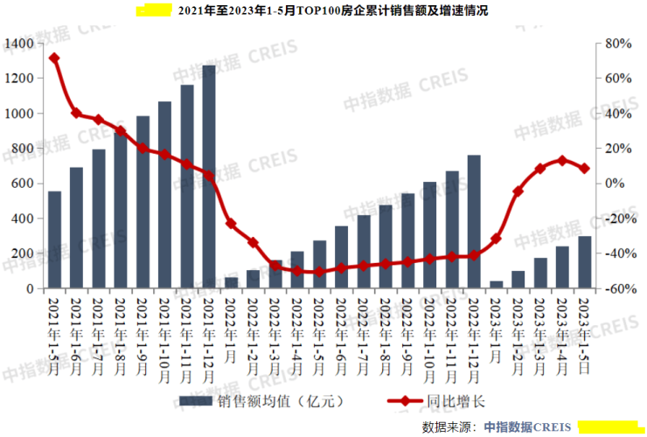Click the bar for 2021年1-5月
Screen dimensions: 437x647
pyautogui.click(x=54, y=239)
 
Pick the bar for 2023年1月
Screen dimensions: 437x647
pyautogui.click(x=496, y=285)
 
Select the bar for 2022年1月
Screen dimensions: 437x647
pyautogui.click(x=231, y=283)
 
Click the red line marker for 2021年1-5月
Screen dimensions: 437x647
pyautogui.click(x=54, y=59)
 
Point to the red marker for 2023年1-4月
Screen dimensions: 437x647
pyautogui.click(x=562, y=161)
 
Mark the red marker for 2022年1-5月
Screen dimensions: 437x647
pyautogui.click(x=319, y=272)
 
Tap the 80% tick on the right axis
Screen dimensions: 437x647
pyautogui.click(x=618, y=43)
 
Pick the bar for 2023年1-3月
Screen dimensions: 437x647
pyautogui.click(x=539, y=273)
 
